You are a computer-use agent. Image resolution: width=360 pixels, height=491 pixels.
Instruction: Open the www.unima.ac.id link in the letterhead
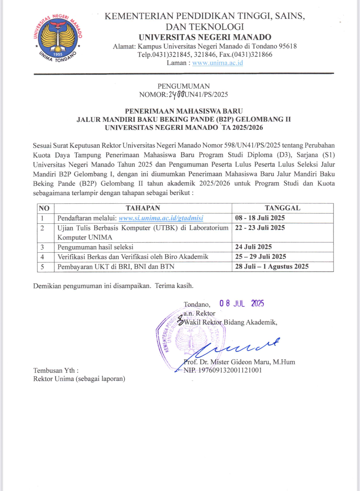point(218,63)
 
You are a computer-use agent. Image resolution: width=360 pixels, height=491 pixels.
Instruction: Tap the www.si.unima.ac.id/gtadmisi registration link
point(161,218)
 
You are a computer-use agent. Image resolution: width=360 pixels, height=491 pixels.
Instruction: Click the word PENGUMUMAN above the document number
point(184,86)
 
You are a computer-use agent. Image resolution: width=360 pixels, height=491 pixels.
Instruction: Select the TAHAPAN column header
point(143,208)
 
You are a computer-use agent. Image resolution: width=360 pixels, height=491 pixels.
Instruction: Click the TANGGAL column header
point(282,208)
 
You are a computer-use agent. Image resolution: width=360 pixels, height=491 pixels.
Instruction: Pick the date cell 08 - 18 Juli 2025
point(260,218)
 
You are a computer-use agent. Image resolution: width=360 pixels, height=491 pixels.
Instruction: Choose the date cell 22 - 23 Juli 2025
point(260,228)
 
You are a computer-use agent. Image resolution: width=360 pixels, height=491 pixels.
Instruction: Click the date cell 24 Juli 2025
point(254,247)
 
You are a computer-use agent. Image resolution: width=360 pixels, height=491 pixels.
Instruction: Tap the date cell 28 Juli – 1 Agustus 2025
point(272,266)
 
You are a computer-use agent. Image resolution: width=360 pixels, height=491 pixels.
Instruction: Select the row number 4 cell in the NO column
point(42,257)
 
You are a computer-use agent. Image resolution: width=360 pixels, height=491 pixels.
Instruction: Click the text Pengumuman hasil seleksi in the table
point(95,247)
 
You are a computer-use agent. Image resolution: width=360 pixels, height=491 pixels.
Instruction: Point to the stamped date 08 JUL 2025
point(242,304)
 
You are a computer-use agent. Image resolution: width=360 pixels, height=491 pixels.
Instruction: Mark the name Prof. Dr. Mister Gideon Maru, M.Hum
point(239,362)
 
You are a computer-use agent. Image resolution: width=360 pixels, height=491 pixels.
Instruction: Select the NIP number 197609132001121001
point(230,370)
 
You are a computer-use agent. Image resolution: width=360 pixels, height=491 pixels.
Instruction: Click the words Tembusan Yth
point(56,370)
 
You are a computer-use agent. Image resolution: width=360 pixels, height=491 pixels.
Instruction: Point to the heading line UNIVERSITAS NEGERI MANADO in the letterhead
point(205,37)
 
